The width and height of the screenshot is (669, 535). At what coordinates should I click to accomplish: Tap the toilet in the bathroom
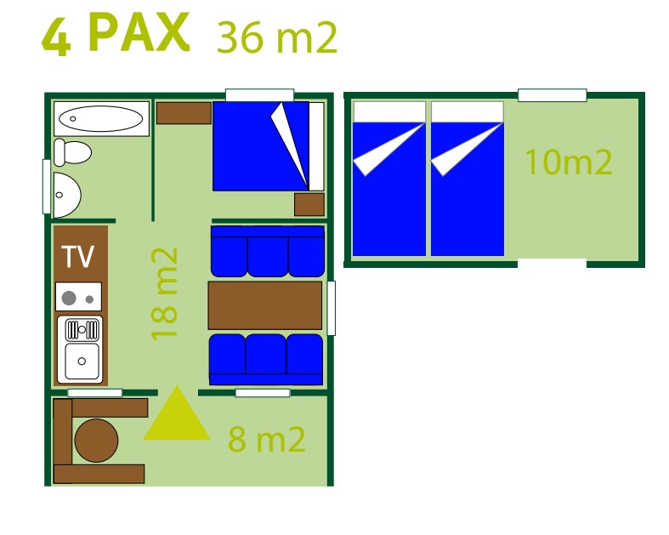click(x=72, y=152)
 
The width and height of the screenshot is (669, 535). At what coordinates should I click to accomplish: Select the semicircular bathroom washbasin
click(x=66, y=195)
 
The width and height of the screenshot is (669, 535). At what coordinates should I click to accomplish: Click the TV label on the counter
click(x=78, y=256)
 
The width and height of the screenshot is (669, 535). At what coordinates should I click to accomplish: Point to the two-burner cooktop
click(x=78, y=297)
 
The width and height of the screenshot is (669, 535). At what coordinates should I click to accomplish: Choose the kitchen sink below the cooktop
click(x=79, y=349)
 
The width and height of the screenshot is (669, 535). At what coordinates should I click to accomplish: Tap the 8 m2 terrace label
click(x=266, y=440)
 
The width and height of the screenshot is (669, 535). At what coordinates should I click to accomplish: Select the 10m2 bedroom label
click(x=568, y=162)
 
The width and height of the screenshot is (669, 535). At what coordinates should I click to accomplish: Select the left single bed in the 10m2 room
click(x=388, y=179)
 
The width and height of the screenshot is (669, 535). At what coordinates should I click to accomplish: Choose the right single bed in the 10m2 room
click(x=467, y=179)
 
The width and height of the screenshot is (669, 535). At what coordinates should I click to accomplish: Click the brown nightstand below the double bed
click(x=309, y=204)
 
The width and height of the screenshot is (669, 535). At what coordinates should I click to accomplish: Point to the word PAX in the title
click(x=138, y=34)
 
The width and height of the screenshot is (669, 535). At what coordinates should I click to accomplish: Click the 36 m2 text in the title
click(x=277, y=37)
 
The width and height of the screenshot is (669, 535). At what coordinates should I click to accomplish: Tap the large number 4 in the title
click(x=56, y=37)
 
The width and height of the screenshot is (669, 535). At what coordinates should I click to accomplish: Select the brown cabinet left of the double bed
click(x=184, y=113)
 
